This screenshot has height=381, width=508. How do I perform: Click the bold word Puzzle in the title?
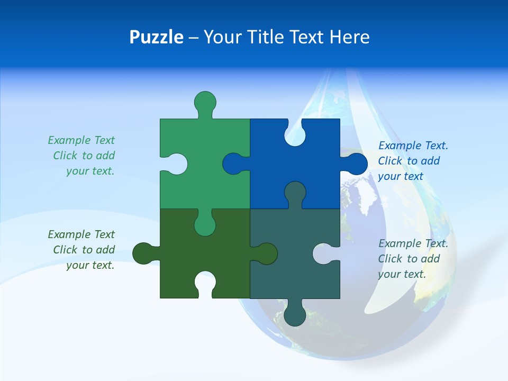pos(157,37)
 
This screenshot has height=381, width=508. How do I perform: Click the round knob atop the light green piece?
pos(205,102)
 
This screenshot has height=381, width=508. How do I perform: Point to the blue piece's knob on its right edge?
pos(356,164)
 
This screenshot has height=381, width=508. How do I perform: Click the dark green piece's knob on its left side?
pos(143,253)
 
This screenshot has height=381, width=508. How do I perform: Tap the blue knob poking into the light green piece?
pos(233,164)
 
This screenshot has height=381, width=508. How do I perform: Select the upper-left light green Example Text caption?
pos(82,156)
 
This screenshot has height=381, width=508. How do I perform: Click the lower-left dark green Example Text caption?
pos(82,250)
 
